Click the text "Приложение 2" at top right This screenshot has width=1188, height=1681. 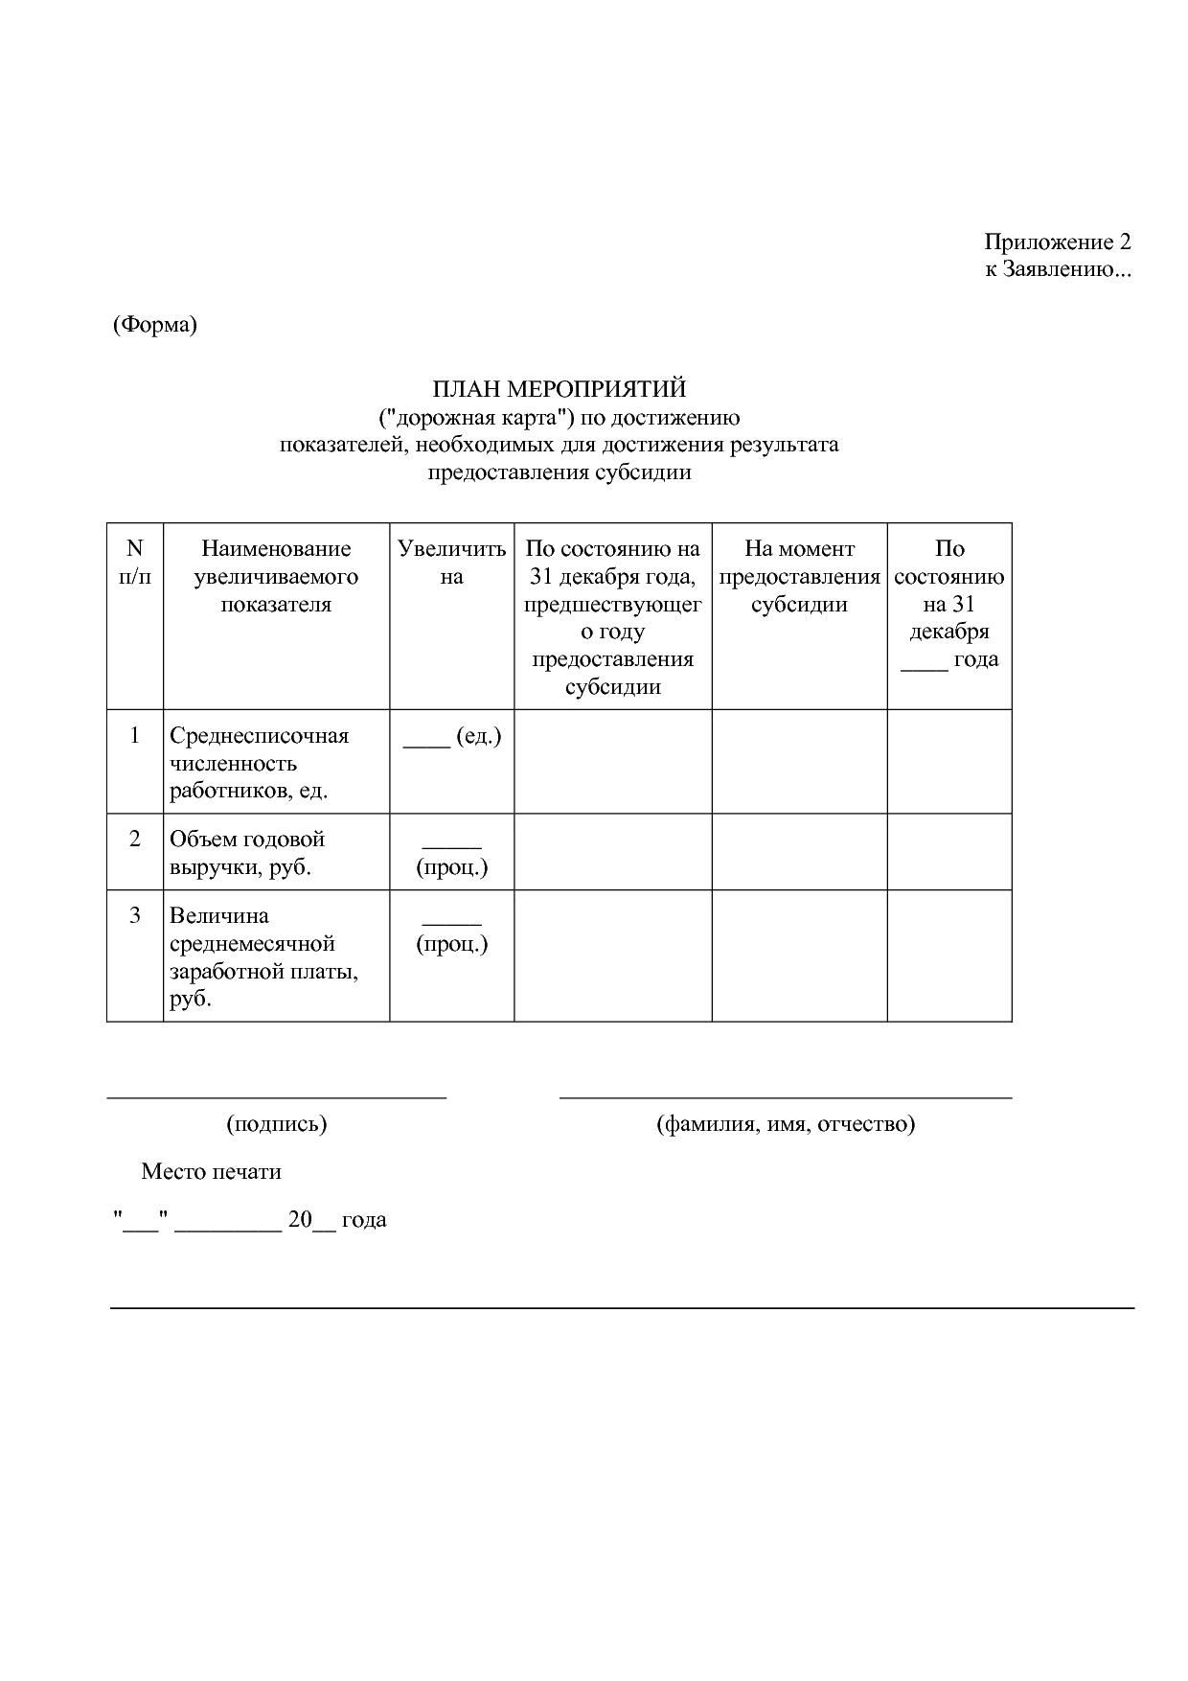coord(1057,242)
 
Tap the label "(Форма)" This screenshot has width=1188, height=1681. coord(154,325)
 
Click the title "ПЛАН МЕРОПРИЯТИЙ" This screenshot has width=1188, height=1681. coord(559,389)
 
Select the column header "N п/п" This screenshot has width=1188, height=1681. coord(134,563)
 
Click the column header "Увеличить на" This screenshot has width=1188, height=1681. coord(451,563)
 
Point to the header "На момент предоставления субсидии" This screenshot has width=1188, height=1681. coord(799,576)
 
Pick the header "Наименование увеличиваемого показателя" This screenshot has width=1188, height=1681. coord(276,576)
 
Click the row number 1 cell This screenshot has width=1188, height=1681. coord(134,736)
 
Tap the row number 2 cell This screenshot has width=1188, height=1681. coord(134,840)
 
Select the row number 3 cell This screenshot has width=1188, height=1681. coord(134,916)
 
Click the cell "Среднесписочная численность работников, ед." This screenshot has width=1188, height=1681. coord(259,763)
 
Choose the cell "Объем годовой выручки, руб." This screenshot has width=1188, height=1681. coord(247,853)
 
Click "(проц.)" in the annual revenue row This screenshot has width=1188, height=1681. coord(451,867)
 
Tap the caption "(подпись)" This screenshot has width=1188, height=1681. coord(276,1123)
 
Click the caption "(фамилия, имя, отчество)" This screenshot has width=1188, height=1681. coord(786,1123)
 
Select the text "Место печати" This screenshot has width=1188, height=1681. coord(211,1171)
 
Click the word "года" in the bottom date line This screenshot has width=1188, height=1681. coord(364,1220)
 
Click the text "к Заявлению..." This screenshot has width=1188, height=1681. coord(1058,269)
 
